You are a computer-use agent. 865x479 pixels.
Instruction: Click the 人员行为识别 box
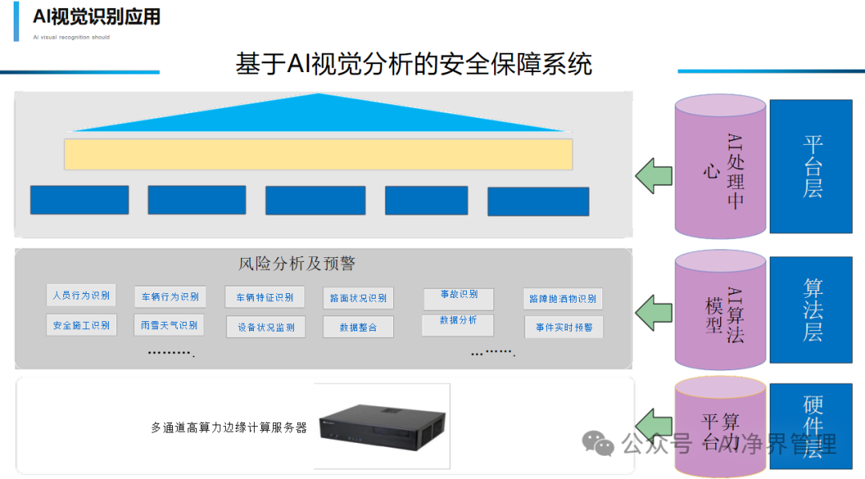pyautogui.click(x=81, y=295)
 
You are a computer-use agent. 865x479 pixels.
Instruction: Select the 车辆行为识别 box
pyautogui.click(x=170, y=296)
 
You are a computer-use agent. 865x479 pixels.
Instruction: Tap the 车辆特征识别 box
pyautogui.click(x=264, y=297)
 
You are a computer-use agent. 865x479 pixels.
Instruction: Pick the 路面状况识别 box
pyautogui.click(x=357, y=298)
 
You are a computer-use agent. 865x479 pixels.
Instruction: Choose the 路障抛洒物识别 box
pyautogui.click(x=562, y=299)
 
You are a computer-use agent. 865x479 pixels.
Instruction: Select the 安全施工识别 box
pyautogui.click(x=81, y=325)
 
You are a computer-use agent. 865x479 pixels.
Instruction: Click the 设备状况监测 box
pyautogui.click(x=265, y=327)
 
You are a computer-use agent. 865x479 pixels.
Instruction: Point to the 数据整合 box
pyautogui.click(x=357, y=327)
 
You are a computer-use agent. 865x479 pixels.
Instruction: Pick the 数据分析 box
pyautogui.click(x=458, y=324)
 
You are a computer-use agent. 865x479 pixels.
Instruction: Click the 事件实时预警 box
pyautogui.click(x=564, y=327)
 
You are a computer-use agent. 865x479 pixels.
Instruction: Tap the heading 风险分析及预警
pyautogui.click(x=296, y=264)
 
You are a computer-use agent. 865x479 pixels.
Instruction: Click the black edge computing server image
pyautogui.click(x=382, y=425)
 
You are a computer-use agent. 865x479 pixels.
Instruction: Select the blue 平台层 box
pyautogui.click(x=811, y=167)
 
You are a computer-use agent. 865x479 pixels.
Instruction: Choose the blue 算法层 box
pyautogui.click(x=811, y=310)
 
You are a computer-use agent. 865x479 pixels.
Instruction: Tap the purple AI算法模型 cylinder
pyautogui.click(x=720, y=310)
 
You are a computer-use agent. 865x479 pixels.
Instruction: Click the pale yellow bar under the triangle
pyautogui.click(x=318, y=155)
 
